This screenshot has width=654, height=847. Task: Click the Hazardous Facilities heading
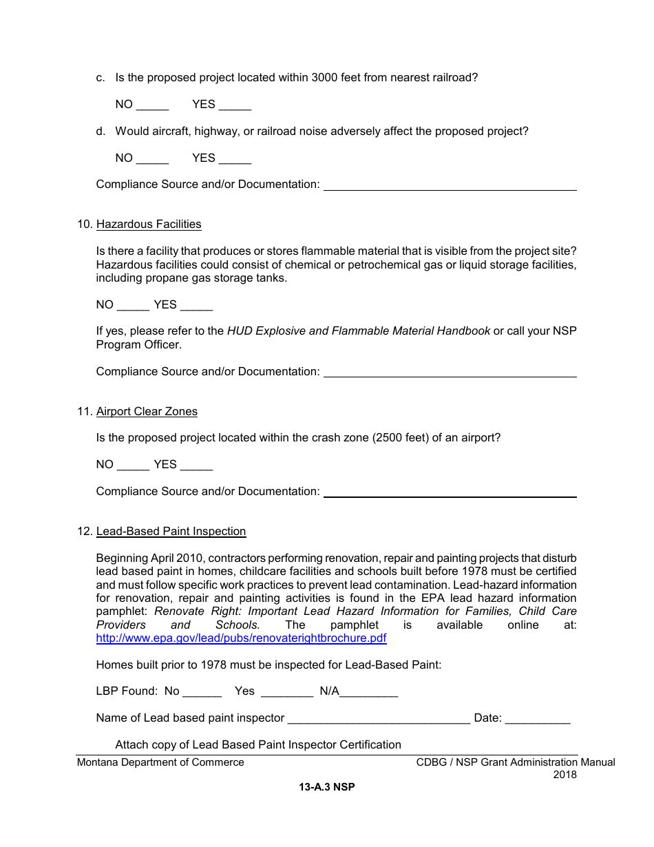coord(149,224)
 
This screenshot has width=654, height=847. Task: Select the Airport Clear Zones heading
coord(147,412)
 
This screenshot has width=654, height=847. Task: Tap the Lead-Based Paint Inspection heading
coord(171,532)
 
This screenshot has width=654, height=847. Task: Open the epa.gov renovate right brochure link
coord(241,638)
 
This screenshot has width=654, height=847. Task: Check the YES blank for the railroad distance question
coord(235,105)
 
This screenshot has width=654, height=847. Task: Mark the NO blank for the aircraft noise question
coord(152,159)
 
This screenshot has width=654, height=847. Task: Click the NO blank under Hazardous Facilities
coord(133,306)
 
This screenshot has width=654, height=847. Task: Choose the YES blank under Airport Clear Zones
coord(196,466)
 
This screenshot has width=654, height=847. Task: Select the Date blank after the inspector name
coord(538,719)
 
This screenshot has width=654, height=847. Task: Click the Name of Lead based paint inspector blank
coord(379,719)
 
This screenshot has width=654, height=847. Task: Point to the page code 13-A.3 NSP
coord(327,787)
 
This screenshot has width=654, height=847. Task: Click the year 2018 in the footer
coord(565,775)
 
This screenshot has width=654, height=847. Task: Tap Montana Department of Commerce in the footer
coord(160,762)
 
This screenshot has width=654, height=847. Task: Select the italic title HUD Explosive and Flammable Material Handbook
coord(359,331)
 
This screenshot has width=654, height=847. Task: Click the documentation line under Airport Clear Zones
coord(450,493)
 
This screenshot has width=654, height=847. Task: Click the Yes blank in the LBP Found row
coord(287,692)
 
